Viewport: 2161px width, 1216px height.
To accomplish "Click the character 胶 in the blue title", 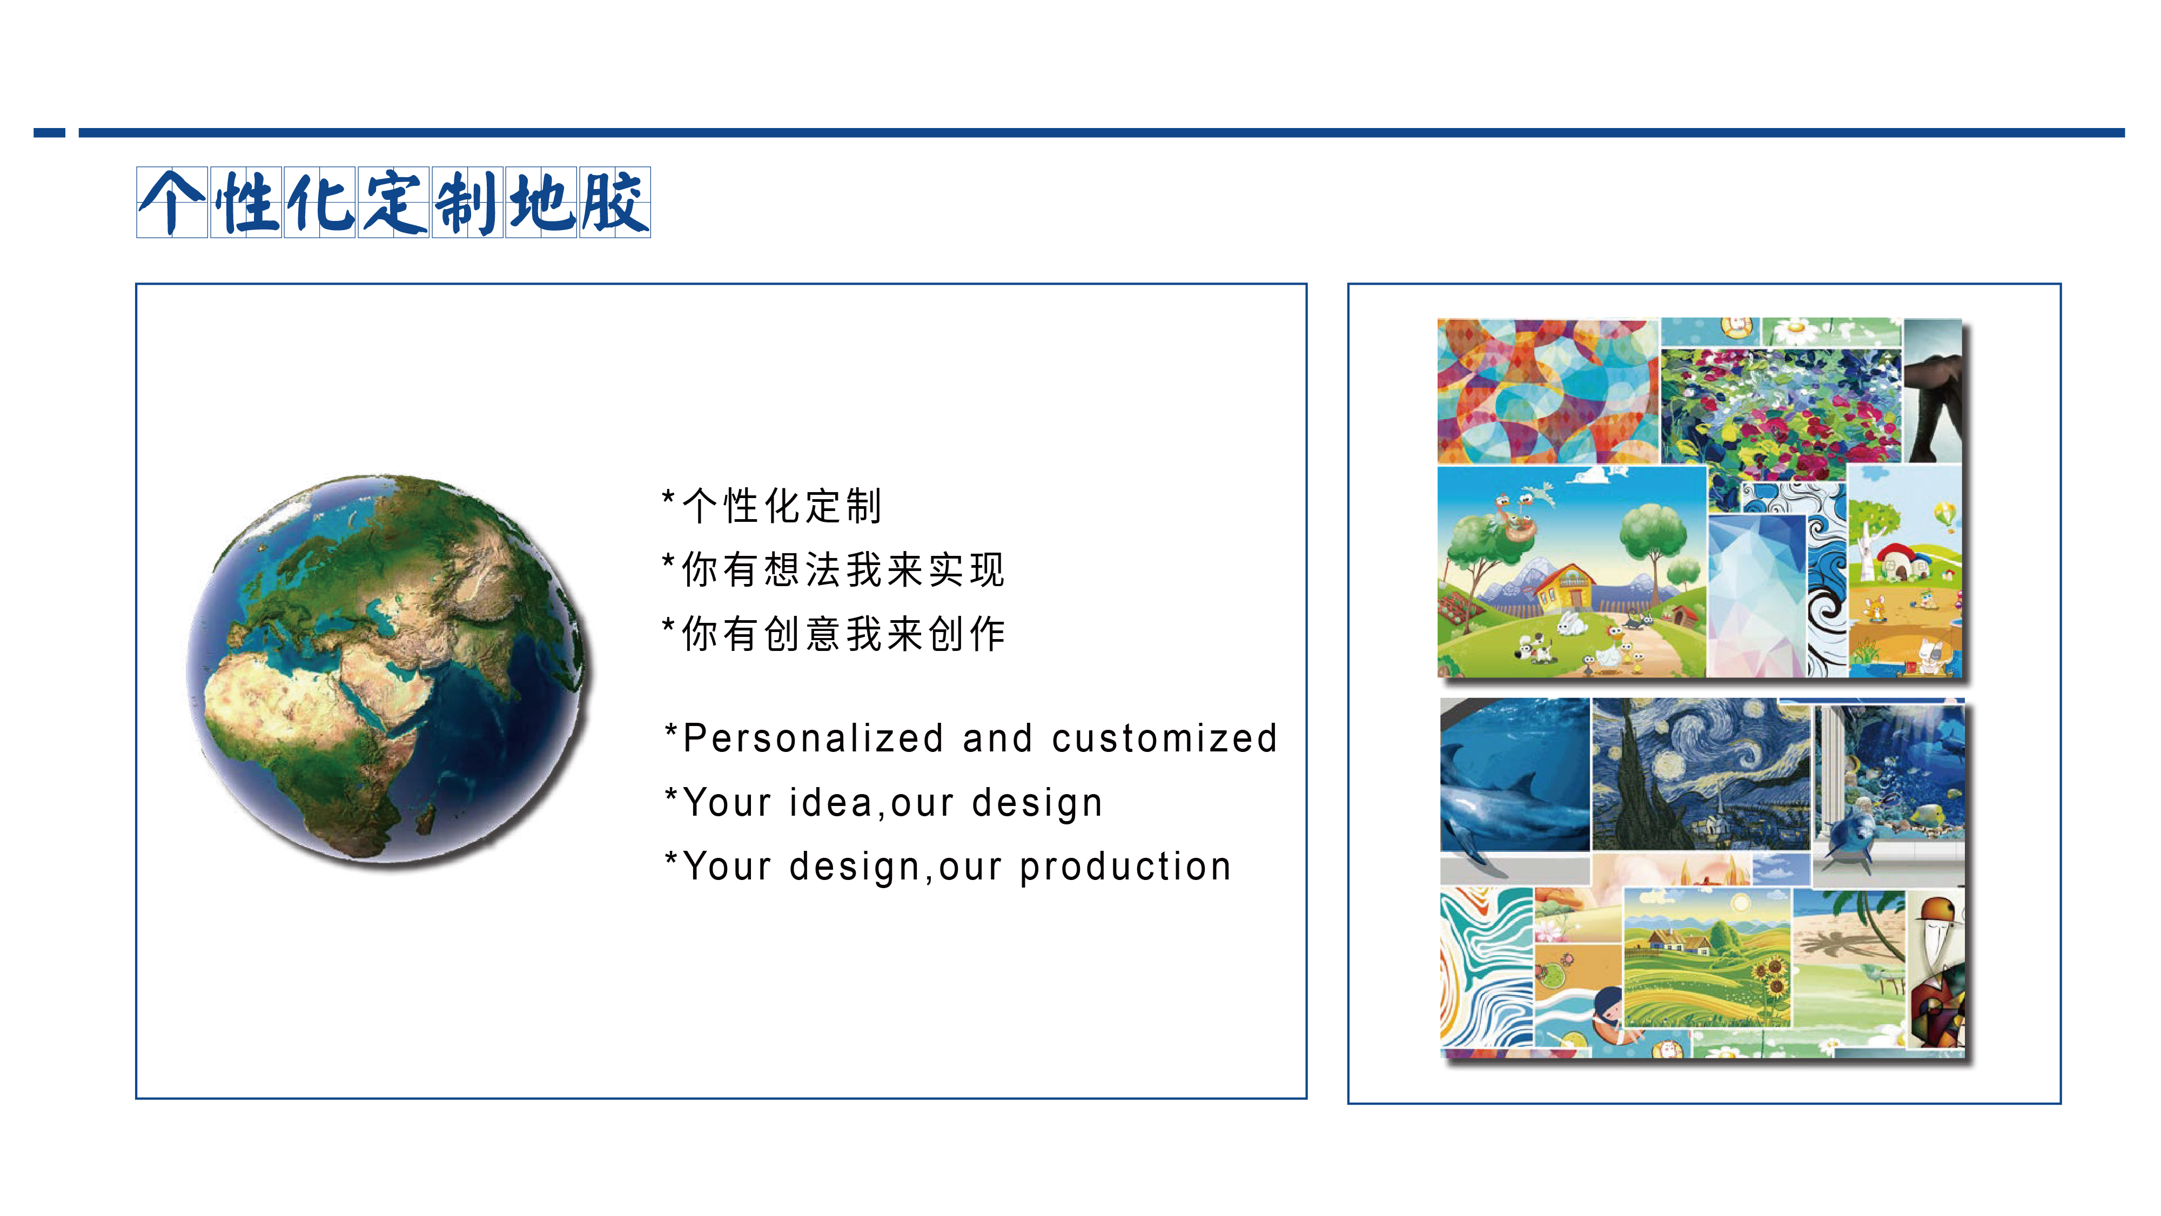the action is (615, 202).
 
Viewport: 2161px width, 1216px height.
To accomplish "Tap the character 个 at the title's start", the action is (172, 202).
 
